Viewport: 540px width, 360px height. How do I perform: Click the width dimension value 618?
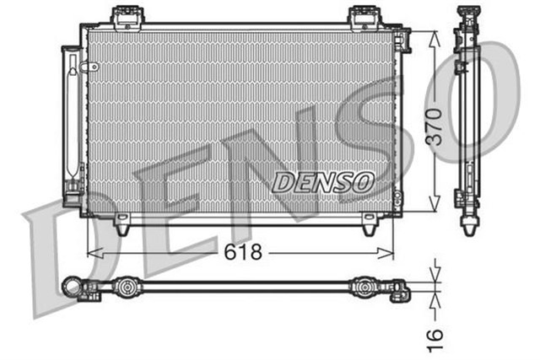coord(242,251)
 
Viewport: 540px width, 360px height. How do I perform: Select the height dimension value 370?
coord(433,126)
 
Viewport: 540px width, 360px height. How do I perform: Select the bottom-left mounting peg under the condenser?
coord(122,227)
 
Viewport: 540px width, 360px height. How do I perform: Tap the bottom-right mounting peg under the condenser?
coord(368,227)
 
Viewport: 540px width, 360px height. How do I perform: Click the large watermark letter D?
coord(63,253)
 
